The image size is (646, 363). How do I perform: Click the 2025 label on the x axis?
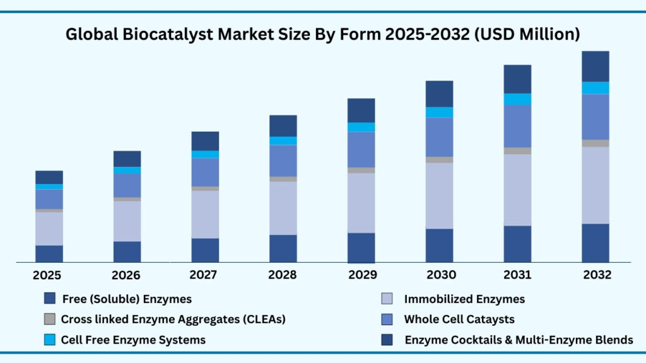coord(49,275)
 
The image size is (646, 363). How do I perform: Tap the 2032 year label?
coord(596,275)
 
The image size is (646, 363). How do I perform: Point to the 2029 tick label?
coord(361,275)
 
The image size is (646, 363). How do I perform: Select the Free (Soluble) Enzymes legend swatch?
coord(50,299)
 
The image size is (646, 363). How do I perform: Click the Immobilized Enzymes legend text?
coord(464,299)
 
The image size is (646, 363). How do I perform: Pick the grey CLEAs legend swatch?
coord(50,319)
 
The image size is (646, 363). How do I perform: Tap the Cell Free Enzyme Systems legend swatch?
coord(50,340)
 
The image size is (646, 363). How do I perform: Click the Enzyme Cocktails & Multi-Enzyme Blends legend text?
coord(519,340)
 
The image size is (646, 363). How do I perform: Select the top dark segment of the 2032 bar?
coord(595,66)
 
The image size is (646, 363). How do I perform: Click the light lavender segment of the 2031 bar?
coord(517,190)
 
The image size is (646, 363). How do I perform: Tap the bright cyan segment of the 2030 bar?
coord(439,112)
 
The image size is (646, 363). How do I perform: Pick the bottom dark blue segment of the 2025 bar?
coord(49,253)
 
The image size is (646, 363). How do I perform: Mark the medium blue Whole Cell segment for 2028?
coord(283,161)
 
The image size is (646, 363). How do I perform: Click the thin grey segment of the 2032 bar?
coord(595,143)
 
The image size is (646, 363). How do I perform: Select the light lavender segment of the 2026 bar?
coord(127,221)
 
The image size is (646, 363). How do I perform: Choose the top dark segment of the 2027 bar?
coord(205,141)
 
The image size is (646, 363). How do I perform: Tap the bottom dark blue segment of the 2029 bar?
coord(361,248)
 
